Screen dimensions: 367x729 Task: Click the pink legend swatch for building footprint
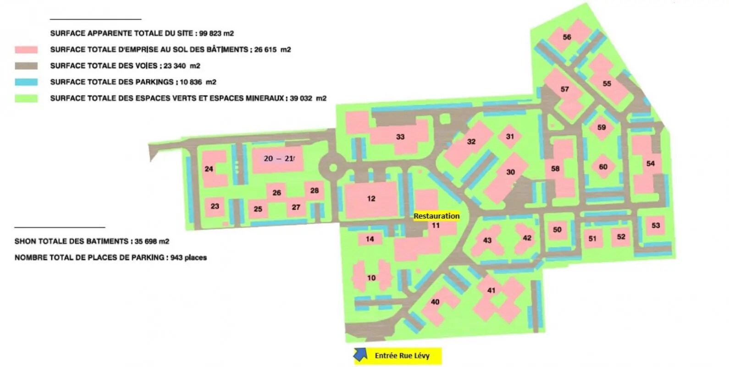pos(26,50)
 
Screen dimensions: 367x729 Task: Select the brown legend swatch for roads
pos(26,66)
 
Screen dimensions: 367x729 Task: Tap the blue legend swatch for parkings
pos(26,82)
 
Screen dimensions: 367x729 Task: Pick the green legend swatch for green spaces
pos(26,98)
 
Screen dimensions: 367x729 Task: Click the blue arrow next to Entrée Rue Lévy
pos(361,354)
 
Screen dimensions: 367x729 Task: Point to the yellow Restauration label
pos(436,216)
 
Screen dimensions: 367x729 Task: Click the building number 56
pos(567,37)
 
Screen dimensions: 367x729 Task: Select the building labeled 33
pos(400,136)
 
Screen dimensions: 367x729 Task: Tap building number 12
pos(371,199)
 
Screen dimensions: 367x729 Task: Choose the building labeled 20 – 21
pos(278,159)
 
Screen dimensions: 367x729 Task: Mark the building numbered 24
pos(209,169)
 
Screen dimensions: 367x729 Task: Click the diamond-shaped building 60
pos(603,167)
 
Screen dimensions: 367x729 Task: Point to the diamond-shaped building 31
pos(510,136)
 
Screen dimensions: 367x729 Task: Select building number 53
pos(656,225)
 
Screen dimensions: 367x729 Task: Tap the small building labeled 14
pos(370,239)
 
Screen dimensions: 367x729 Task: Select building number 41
pos(492,290)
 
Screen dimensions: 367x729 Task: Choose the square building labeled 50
pos(557,229)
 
